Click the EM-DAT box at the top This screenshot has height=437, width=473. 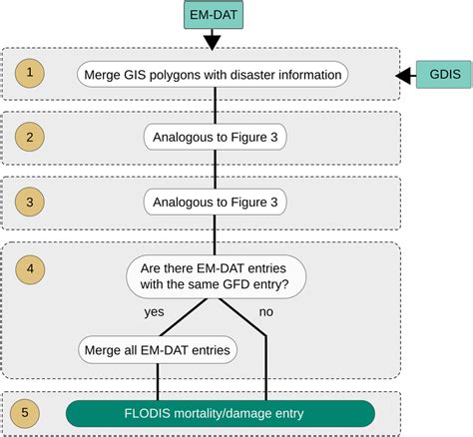click(x=211, y=16)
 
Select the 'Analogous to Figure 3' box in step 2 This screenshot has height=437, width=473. click(x=216, y=136)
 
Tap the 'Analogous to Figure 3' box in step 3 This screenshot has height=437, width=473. click(x=216, y=203)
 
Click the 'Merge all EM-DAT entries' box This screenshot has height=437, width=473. click(x=157, y=350)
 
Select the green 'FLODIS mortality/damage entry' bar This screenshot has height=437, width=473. click(x=221, y=413)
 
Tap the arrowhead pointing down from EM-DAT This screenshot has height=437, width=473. click(x=211, y=42)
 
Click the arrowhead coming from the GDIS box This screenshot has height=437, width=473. click(x=404, y=74)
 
